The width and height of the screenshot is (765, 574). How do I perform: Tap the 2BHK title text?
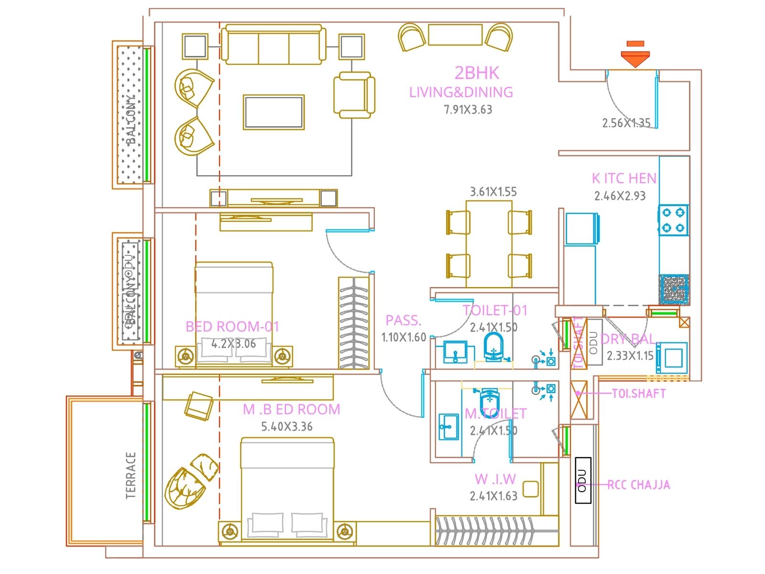(x=477, y=73)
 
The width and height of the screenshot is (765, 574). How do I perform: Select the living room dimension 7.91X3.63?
(x=468, y=110)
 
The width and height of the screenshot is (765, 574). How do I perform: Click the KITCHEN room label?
(x=624, y=178)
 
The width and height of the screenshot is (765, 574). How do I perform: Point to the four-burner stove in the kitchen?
(x=673, y=220)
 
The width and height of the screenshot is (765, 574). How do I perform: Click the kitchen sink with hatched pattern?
(x=674, y=289)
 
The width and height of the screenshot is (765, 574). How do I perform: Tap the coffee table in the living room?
(x=273, y=112)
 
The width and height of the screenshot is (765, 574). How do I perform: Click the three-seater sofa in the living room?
(x=273, y=45)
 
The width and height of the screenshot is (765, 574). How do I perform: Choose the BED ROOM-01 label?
(x=232, y=327)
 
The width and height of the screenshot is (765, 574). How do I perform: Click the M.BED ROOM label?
(x=291, y=409)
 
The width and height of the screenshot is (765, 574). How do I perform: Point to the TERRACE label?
(x=131, y=475)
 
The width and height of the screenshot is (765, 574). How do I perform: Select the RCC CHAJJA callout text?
(x=638, y=485)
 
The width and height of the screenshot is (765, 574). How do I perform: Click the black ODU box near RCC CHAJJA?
(x=582, y=480)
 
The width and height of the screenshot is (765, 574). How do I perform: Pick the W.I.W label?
(x=495, y=479)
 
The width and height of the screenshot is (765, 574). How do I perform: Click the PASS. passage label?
(x=403, y=320)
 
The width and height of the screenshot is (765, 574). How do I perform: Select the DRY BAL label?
(x=627, y=339)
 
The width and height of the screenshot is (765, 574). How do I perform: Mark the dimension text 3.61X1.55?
(x=493, y=192)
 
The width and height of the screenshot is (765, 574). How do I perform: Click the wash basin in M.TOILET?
(x=448, y=426)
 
